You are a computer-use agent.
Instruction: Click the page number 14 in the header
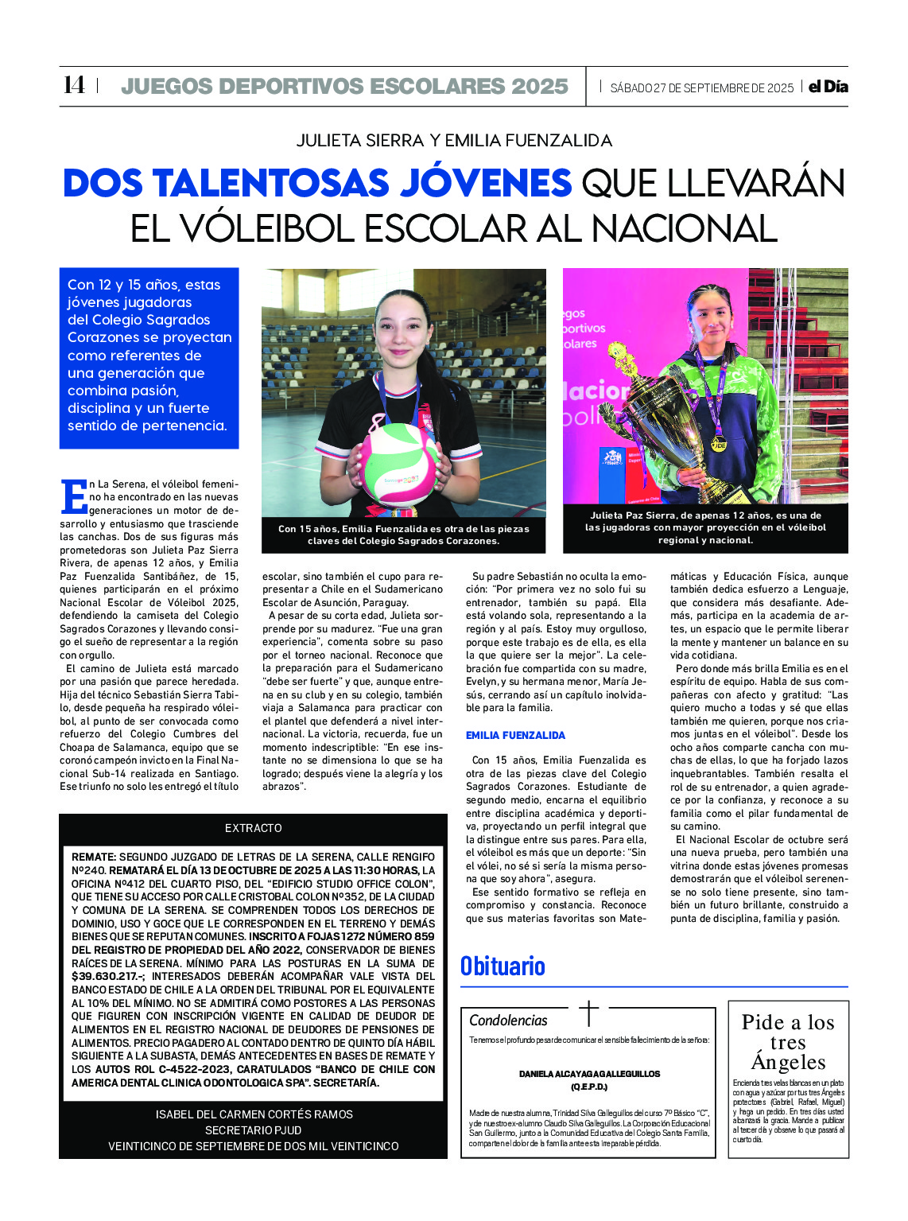(x=74, y=85)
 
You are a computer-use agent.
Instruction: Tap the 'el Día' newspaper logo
(x=828, y=87)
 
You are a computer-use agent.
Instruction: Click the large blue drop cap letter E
(x=73, y=496)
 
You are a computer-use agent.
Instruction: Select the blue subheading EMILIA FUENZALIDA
(x=515, y=735)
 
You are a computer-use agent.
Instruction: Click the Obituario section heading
(x=503, y=966)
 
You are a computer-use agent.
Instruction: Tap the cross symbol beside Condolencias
(x=588, y=1013)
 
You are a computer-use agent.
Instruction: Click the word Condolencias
(x=508, y=1020)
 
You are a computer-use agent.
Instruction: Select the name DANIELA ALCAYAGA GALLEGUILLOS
(x=589, y=1074)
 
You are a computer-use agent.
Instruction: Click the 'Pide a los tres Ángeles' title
(x=788, y=1042)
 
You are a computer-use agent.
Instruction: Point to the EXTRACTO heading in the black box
(x=253, y=828)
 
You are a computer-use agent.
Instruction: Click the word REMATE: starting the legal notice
(x=94, y=857)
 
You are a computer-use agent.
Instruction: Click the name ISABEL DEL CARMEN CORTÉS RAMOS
(x=254, y=1114)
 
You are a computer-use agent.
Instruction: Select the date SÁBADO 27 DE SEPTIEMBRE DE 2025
(x=702, y=87)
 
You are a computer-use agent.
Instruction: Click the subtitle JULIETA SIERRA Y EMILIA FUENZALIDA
(x=454, y=141)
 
